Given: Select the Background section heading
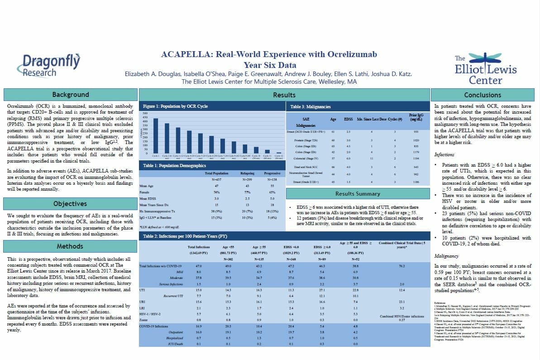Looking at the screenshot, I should [70, 95].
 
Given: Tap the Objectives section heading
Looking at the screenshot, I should [70, 203].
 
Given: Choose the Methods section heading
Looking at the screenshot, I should [70, 246].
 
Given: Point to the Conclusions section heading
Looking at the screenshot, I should [483, 95].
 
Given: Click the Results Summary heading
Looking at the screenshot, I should [357, 194].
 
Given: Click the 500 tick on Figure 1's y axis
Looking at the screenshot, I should [145, 113].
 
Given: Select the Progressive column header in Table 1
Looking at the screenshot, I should [272, 173].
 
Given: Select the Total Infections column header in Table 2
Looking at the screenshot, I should [199, 246].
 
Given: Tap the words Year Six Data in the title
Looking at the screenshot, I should [269, 64].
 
